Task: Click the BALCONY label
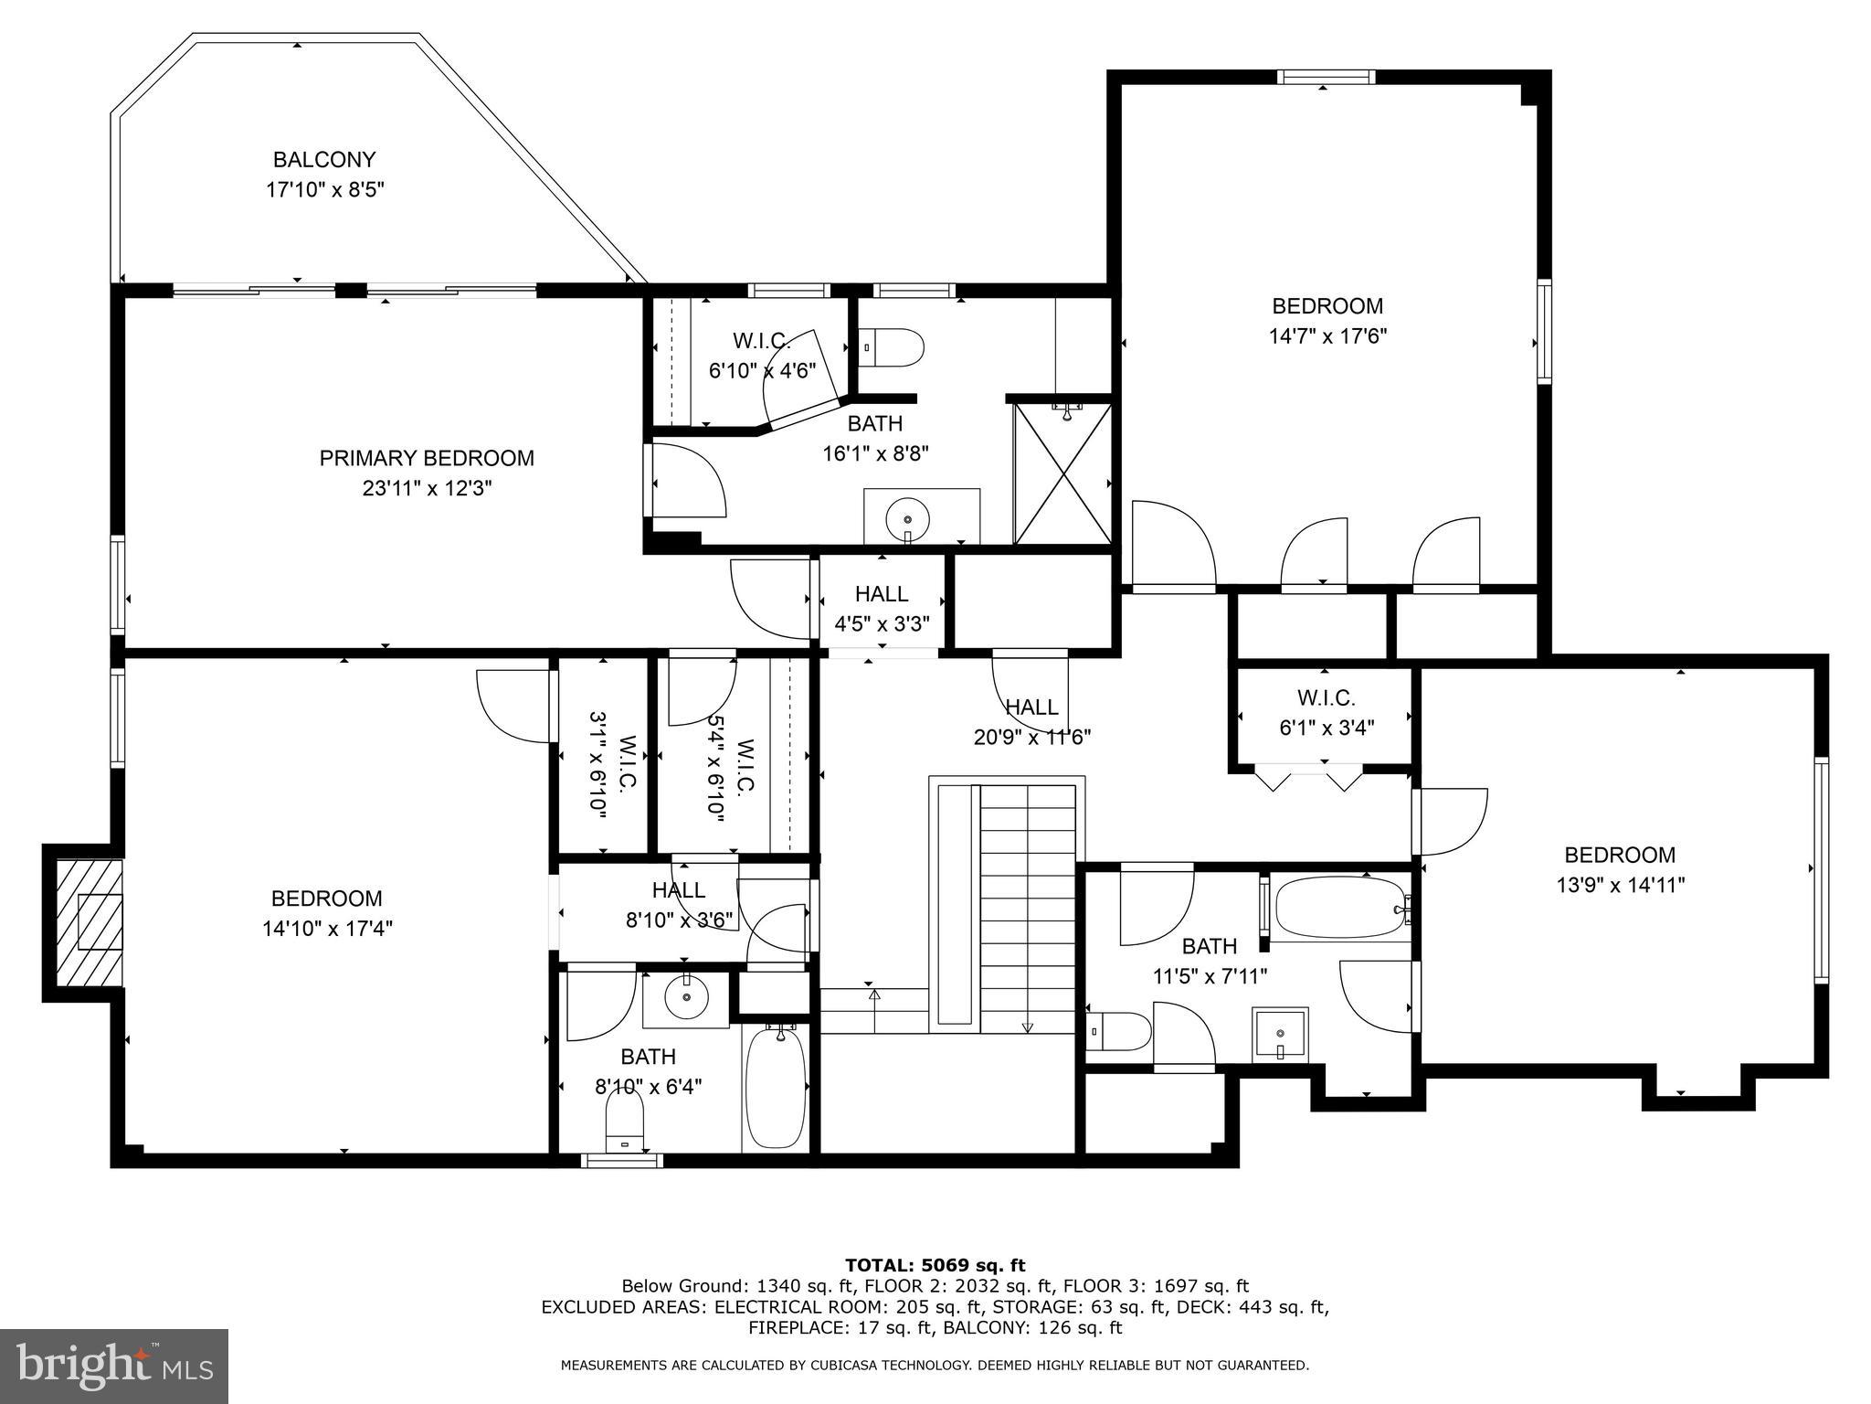[x=324, y=160]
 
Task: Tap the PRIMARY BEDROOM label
[x=427, y=458]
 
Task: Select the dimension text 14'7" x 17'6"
[x=1327, y=335]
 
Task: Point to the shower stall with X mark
[x=1062, y=474]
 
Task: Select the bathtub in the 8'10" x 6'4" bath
[x=775, y=1088]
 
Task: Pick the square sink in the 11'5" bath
[x=1280, y=1035]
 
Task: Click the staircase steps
[x=1028, y=905]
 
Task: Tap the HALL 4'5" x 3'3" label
[x=882, y=594]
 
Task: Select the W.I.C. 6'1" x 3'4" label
[x=1326, y=698]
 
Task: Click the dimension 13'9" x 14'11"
[x=1620, y=885]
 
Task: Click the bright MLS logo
[x=114, y=1366]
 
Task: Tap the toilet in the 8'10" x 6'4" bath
[x=625, y=1124]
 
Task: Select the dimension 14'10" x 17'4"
[x=327, y=929]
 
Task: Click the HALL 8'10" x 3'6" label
[x=679, y=890]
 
